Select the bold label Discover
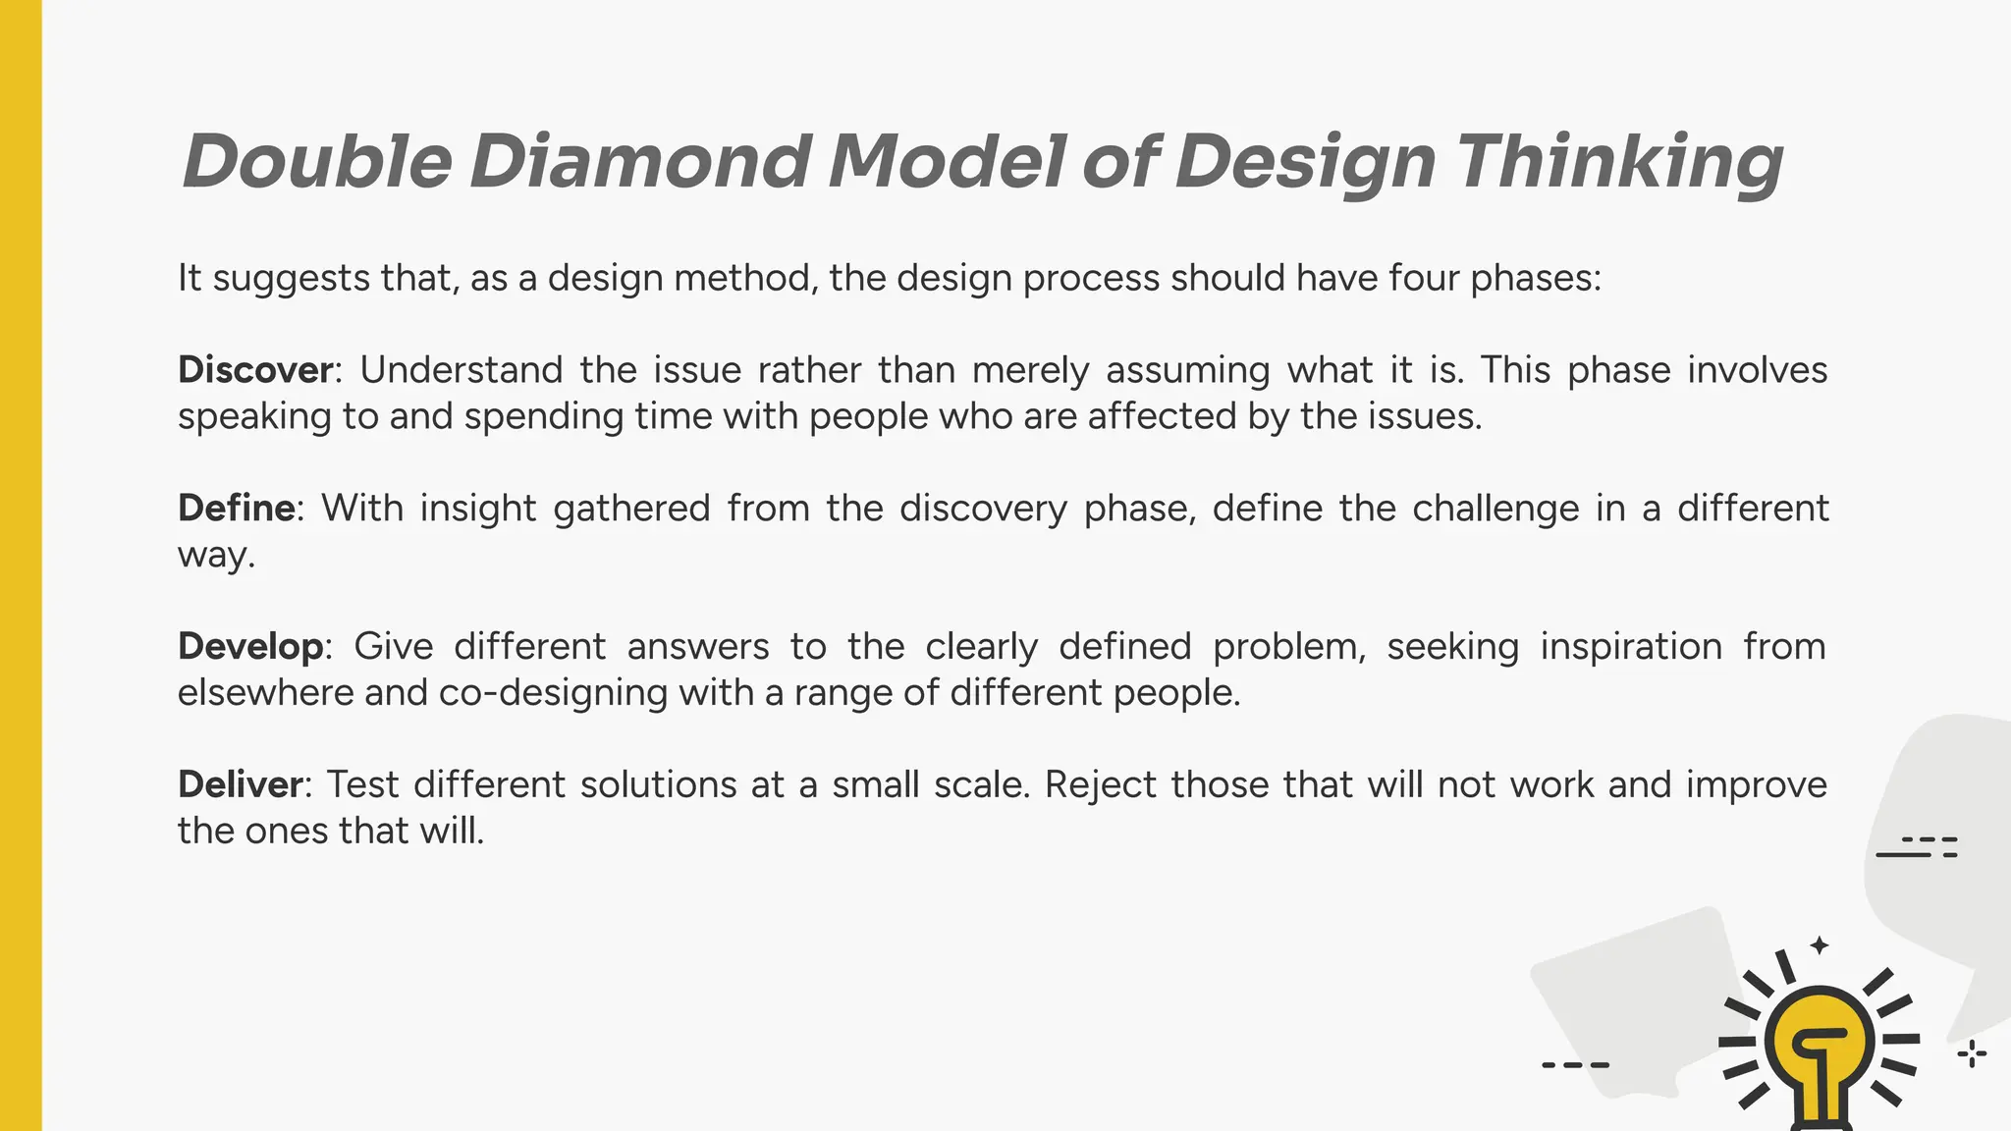tap(255, 370)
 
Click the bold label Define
tap(236, 509)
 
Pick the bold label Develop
tap(250, 647)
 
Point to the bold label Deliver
tap(240, 785)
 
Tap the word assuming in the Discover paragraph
tap(1186, 370)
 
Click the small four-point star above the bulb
tap(1820, 945)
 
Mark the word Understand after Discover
tap(461, 370)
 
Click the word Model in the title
tap(947, 161)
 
